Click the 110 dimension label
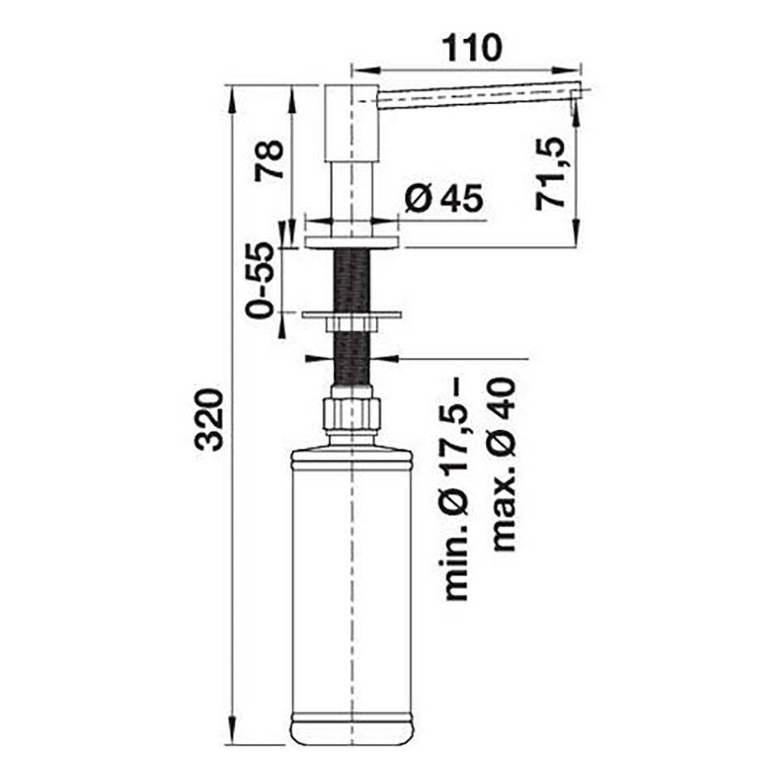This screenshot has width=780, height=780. pyautogui.click(x=472, y=48)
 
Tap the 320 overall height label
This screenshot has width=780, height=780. pyautogui.click(x=209, y=420)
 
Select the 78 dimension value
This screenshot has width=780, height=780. pyautogui.click(x=268, y=160)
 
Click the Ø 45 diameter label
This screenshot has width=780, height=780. pyautogui.click(x=444, y=198)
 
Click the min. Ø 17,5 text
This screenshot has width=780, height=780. pyautogui.click(x=456, y=490)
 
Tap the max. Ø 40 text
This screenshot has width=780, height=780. pyautogui.click(x=503, y=464)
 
